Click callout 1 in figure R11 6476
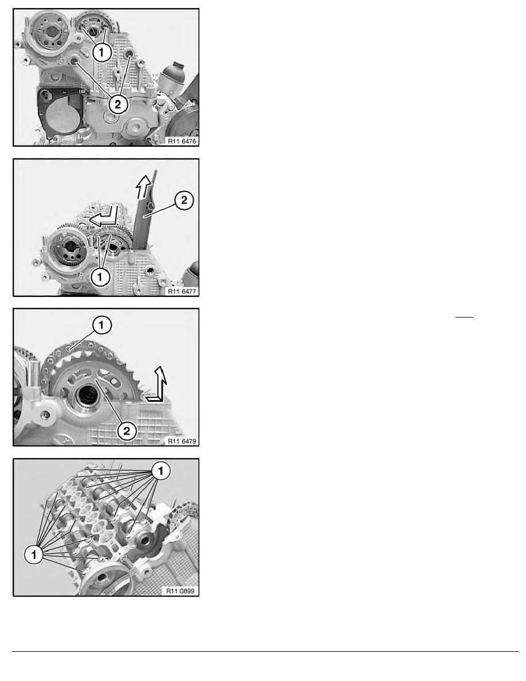(101, 53)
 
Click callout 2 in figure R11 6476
(118, 104)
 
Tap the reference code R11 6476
(182, 141)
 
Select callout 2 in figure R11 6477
(185, 200)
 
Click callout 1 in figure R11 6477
(100, 276)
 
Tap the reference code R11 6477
(182, 291)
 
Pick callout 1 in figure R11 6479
(101, 325)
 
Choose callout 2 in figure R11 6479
(126, 431)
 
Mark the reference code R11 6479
(182, 441)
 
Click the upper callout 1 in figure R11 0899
(161, 471)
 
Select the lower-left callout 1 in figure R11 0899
(34, 554)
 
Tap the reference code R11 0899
(181, 591)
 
